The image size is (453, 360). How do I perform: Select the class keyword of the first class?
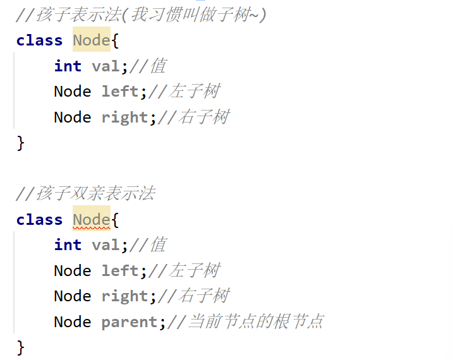point(39,40)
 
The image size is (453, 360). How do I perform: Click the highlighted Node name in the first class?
point(91,40)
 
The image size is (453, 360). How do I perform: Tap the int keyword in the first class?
point(68,66)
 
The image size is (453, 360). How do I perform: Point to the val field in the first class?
point(106,66)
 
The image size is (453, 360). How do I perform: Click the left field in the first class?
point(120,92)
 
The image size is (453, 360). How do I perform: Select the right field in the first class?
point(124,117)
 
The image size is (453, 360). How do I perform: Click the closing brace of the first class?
point(20,143)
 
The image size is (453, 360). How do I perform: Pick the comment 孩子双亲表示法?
point(85,194)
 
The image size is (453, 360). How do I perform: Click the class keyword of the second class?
point(39,219)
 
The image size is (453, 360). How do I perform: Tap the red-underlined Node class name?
point(91,219)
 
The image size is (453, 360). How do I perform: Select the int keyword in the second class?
point(68,245)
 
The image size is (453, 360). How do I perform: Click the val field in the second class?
point(106,245)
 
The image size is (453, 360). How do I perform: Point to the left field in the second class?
point(120,270)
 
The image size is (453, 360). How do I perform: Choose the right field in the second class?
point(124,296)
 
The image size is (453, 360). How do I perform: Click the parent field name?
point(130,321)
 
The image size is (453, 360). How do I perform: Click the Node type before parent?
point(72,321)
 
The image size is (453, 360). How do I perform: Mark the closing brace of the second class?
point(20,347)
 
